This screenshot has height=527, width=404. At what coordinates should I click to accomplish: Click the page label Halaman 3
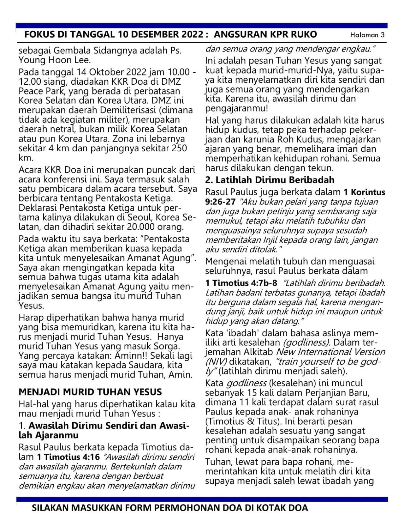(367, 35)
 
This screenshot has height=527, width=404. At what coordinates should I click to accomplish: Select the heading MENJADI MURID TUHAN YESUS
(90, 392)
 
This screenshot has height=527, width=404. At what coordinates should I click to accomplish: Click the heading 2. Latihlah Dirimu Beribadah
(270, 180)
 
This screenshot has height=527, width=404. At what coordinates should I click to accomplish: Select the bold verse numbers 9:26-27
(220, 202)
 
